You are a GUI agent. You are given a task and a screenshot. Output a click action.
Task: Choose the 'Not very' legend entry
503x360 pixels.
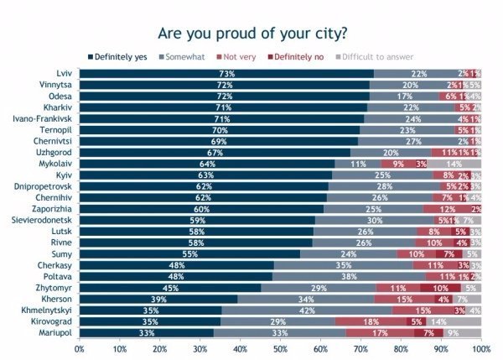241,56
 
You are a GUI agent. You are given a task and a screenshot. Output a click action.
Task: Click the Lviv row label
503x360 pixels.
60,74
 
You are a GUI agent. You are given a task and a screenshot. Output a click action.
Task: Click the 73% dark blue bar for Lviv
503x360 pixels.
226,74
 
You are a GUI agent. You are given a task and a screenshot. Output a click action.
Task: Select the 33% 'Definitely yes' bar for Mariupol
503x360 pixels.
146,331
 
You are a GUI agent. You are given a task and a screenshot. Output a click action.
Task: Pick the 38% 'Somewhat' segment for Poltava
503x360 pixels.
350,275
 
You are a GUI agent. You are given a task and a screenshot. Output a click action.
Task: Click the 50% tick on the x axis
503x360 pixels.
280,347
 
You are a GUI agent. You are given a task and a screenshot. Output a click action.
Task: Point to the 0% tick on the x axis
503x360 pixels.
80,347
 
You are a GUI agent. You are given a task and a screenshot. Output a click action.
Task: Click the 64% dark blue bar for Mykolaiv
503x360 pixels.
208,164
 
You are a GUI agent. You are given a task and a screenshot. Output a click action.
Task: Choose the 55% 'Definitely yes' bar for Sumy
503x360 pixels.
190,253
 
